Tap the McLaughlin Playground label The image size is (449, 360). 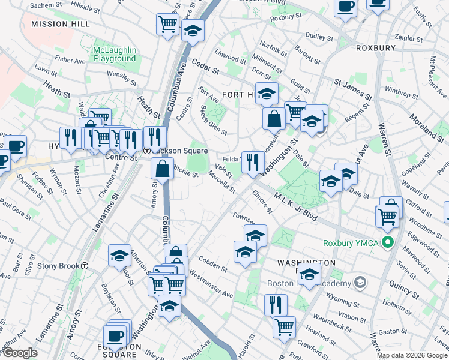114,54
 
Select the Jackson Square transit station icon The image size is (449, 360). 146,151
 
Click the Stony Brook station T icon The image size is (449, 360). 86,265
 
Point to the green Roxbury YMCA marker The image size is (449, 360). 388,243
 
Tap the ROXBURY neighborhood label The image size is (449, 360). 375,48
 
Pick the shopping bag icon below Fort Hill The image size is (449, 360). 274,119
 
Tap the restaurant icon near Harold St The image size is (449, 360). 276,304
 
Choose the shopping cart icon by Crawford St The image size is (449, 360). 284,326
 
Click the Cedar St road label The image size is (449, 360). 206,66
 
